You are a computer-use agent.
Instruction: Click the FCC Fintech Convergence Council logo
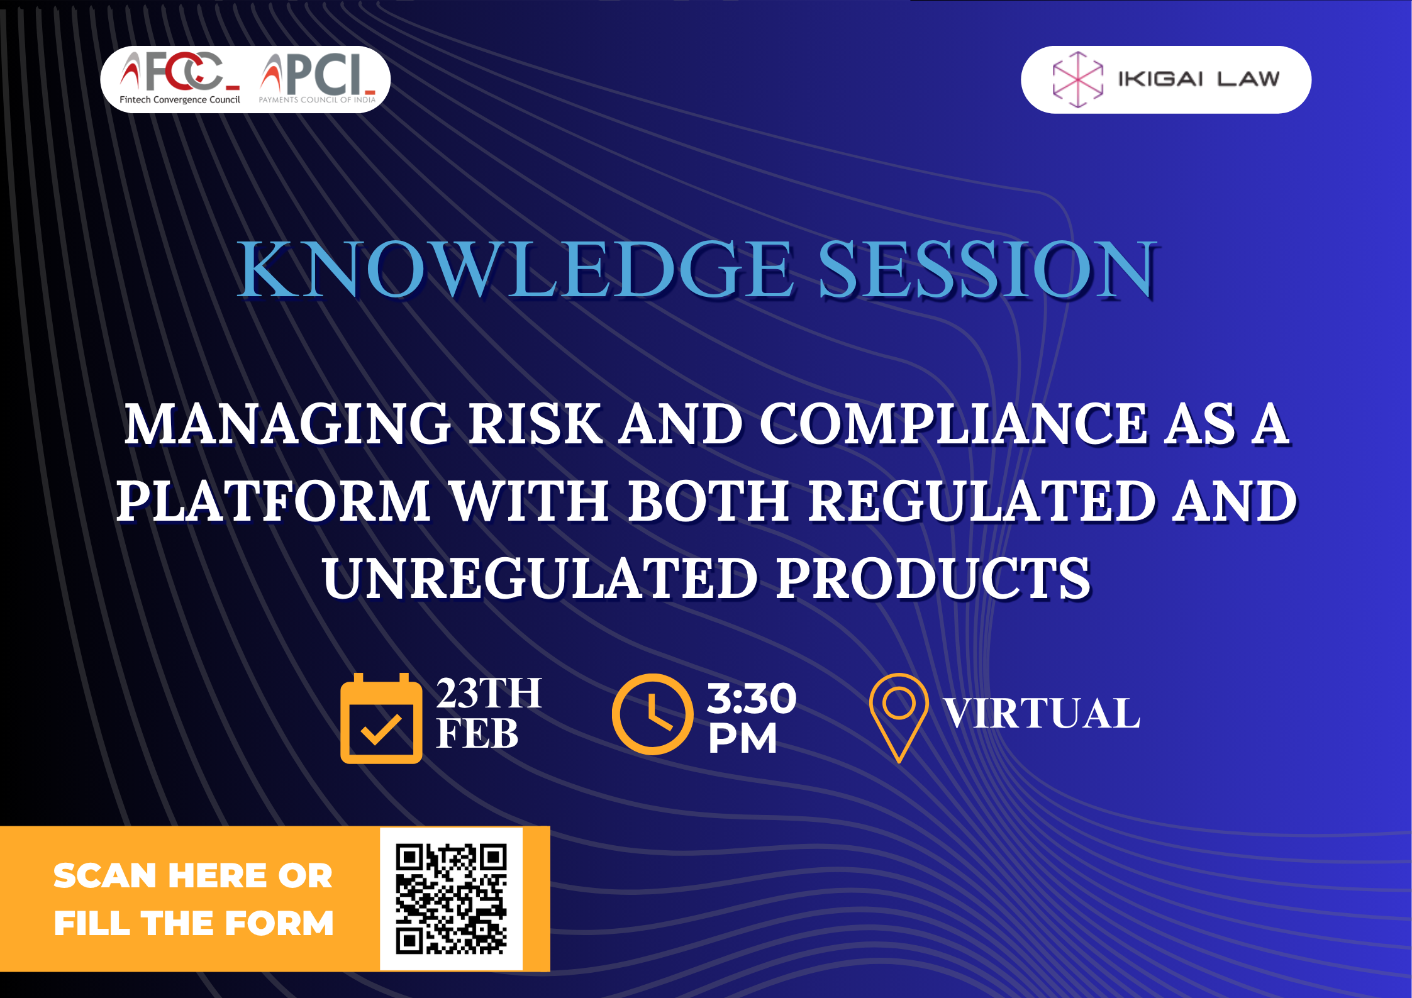(181, 79)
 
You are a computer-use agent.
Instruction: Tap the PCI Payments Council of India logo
(318, 79)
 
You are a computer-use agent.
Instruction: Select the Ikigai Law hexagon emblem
(1078, 79)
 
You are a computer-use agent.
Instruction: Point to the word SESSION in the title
(987, 269)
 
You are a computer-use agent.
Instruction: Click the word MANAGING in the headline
(287, 424)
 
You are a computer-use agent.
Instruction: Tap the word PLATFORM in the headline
(274, 501)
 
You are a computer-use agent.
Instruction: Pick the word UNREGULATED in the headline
(540, 579)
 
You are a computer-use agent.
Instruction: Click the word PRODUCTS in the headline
(933, 579)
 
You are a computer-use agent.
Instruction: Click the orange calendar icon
(381, 718)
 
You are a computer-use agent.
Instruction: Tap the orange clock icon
(652, 714)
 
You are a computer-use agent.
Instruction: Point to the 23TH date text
(489, 694)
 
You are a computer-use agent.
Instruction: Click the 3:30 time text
(752, 698)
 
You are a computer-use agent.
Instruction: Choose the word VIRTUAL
(1042, 714)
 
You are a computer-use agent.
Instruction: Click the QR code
(451, 899)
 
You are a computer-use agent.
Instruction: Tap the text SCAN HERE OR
(192, 876)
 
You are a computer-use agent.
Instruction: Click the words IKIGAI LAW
(1199, 79)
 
